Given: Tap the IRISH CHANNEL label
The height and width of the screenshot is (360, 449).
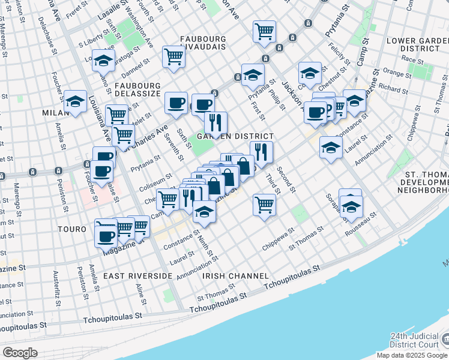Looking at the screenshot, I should point(235,275).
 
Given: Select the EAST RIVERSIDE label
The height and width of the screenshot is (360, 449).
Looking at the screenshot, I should point(137,275).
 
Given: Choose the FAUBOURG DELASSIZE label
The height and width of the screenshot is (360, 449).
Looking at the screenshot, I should point(137,89).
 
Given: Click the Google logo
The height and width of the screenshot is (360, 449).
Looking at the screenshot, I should point(20,353).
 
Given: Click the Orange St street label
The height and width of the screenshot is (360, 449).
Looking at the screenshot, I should point(396,72).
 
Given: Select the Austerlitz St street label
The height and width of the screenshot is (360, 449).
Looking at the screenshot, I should point(56,284).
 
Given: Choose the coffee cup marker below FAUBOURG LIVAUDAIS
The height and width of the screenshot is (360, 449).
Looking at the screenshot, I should point(176,103).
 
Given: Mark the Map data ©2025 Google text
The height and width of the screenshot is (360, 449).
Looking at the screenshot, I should point(411,355).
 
